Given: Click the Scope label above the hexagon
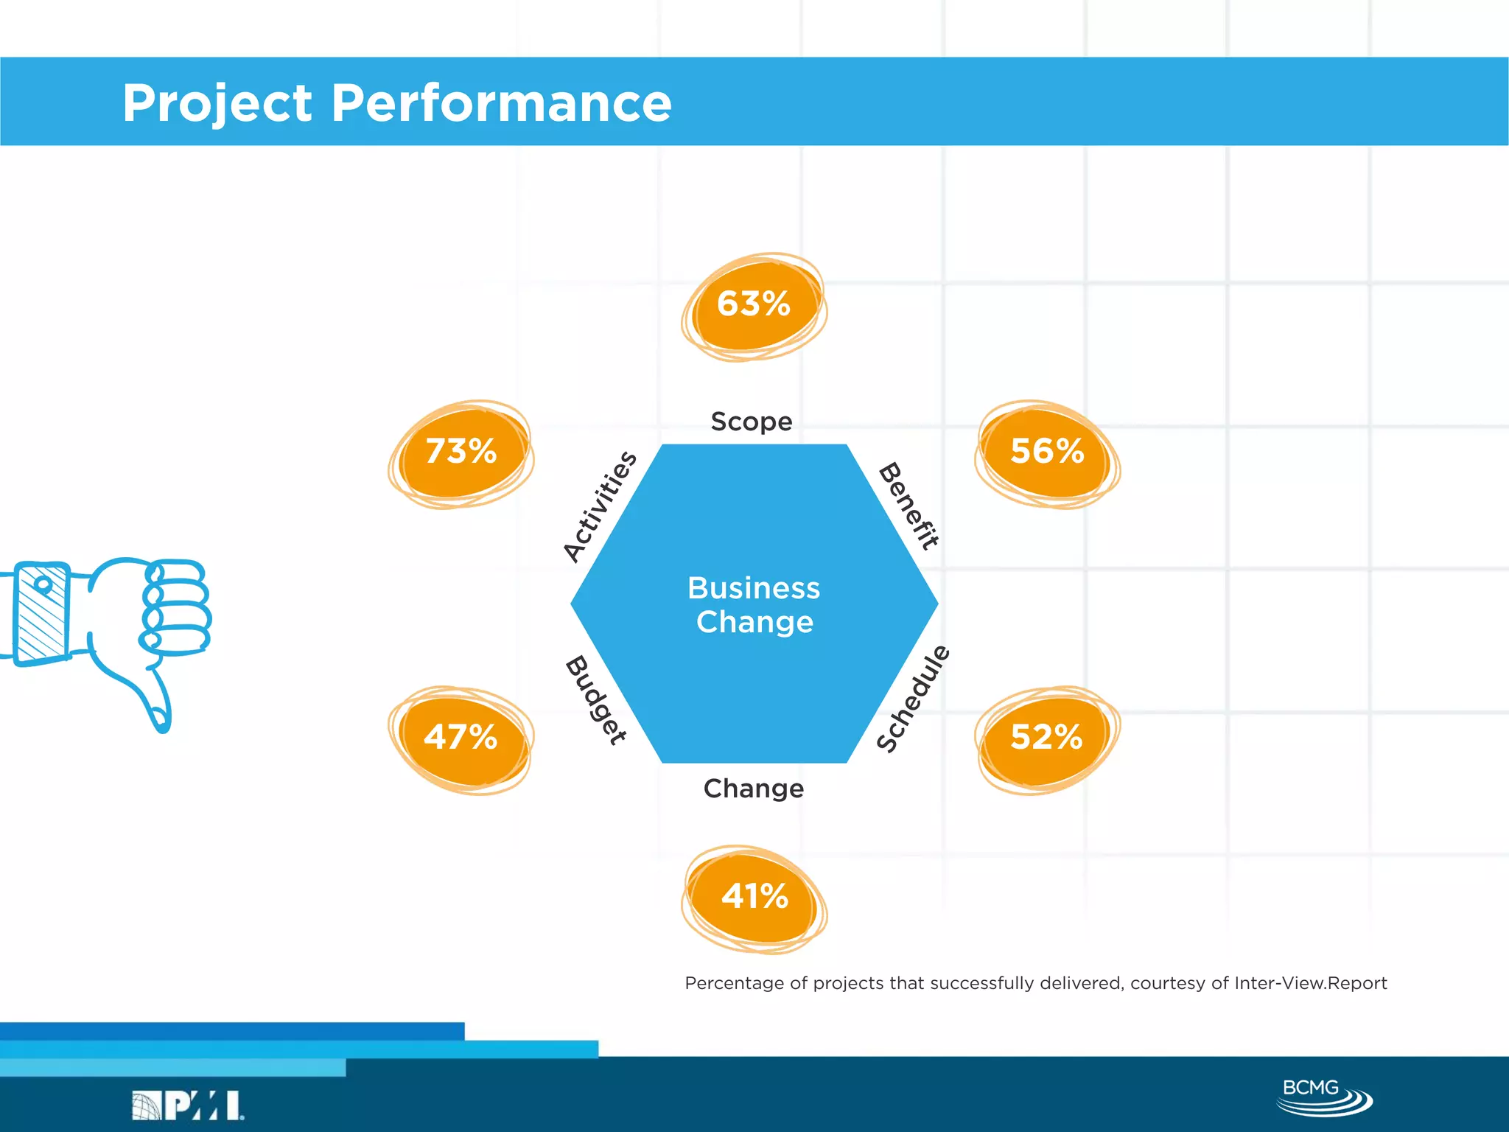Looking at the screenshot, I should click(752, 422).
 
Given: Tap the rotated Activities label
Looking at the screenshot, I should click(600, 506).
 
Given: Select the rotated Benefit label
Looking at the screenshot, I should click(909, 506).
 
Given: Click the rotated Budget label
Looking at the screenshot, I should click(596, 700).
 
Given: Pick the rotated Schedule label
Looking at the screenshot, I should click(913, 699).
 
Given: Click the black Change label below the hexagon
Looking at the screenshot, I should click(754, 789).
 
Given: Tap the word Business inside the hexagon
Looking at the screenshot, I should click(754, 588).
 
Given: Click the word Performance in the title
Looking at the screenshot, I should click(501, 102).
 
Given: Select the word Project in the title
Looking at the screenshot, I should click(217, 102).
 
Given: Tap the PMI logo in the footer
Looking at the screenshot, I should click(189, 1105).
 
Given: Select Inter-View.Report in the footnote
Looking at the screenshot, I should click(1310, 983).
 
